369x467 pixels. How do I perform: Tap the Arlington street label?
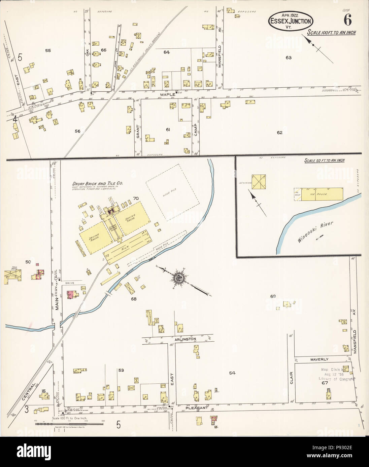pyautogui.click(x=185, y=339)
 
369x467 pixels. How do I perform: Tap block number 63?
pyautogui.click(x=288, y=57)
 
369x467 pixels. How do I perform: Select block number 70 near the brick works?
pyautogui.click(x=136, y=198)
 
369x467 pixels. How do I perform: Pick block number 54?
pyautogui.click(x=232, y=373)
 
